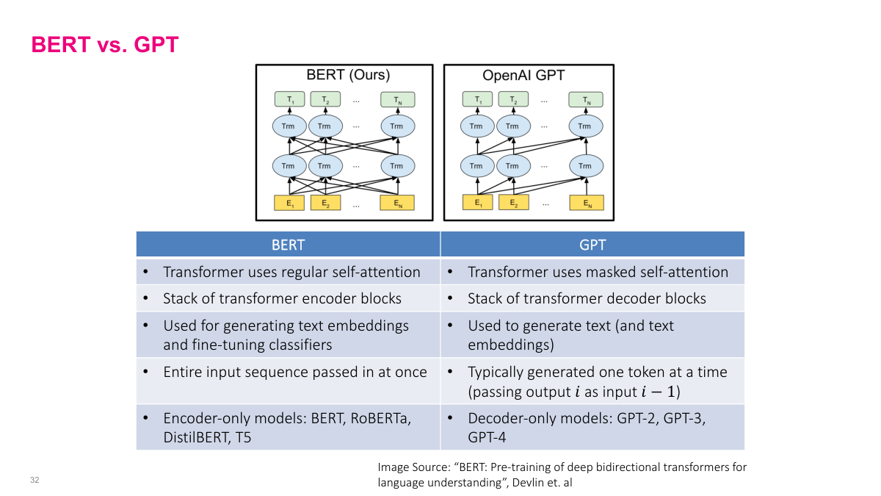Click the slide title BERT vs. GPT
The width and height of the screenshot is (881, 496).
point(105,45)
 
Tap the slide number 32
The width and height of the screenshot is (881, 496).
point(35,481)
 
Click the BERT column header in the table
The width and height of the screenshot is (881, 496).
point(288,244)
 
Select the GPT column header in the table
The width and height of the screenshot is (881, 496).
point(592,244)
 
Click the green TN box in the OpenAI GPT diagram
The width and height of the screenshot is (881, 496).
point(584,99)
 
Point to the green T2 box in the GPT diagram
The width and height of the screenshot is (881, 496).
point(513,99)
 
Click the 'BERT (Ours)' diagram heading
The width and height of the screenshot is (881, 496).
point(348,75)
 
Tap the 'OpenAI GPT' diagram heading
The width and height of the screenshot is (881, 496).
point(523,75)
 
